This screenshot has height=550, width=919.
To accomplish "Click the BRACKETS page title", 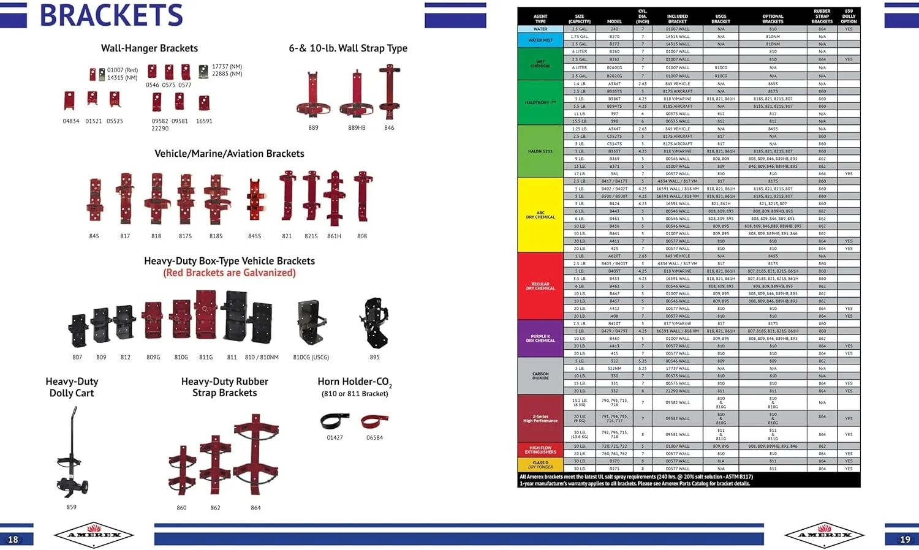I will click(111, 15).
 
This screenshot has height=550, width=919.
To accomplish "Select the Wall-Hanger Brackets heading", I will click(149, 48).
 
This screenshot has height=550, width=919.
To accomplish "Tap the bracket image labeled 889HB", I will click(357, 95).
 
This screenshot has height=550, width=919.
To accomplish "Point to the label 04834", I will click(71, 121).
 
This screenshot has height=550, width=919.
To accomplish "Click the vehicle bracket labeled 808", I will click(362, 196).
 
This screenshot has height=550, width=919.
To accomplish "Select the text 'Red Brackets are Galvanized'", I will click(229, 273).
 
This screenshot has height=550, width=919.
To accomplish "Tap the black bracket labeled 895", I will click(374, 323).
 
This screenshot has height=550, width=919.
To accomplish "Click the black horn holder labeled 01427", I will click(335, 421).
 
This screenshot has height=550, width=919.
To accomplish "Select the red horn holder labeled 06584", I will click(374, 421).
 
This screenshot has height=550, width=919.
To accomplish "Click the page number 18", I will click(13, 539).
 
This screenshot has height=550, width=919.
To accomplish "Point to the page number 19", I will click(905, 539).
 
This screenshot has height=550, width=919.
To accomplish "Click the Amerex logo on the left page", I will click(94, 535).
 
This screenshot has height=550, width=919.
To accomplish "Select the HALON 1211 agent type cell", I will click(540, 151).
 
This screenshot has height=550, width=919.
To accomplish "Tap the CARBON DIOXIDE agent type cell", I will click(540, 376).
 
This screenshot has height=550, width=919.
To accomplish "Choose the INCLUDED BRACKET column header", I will click(677, 19).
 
